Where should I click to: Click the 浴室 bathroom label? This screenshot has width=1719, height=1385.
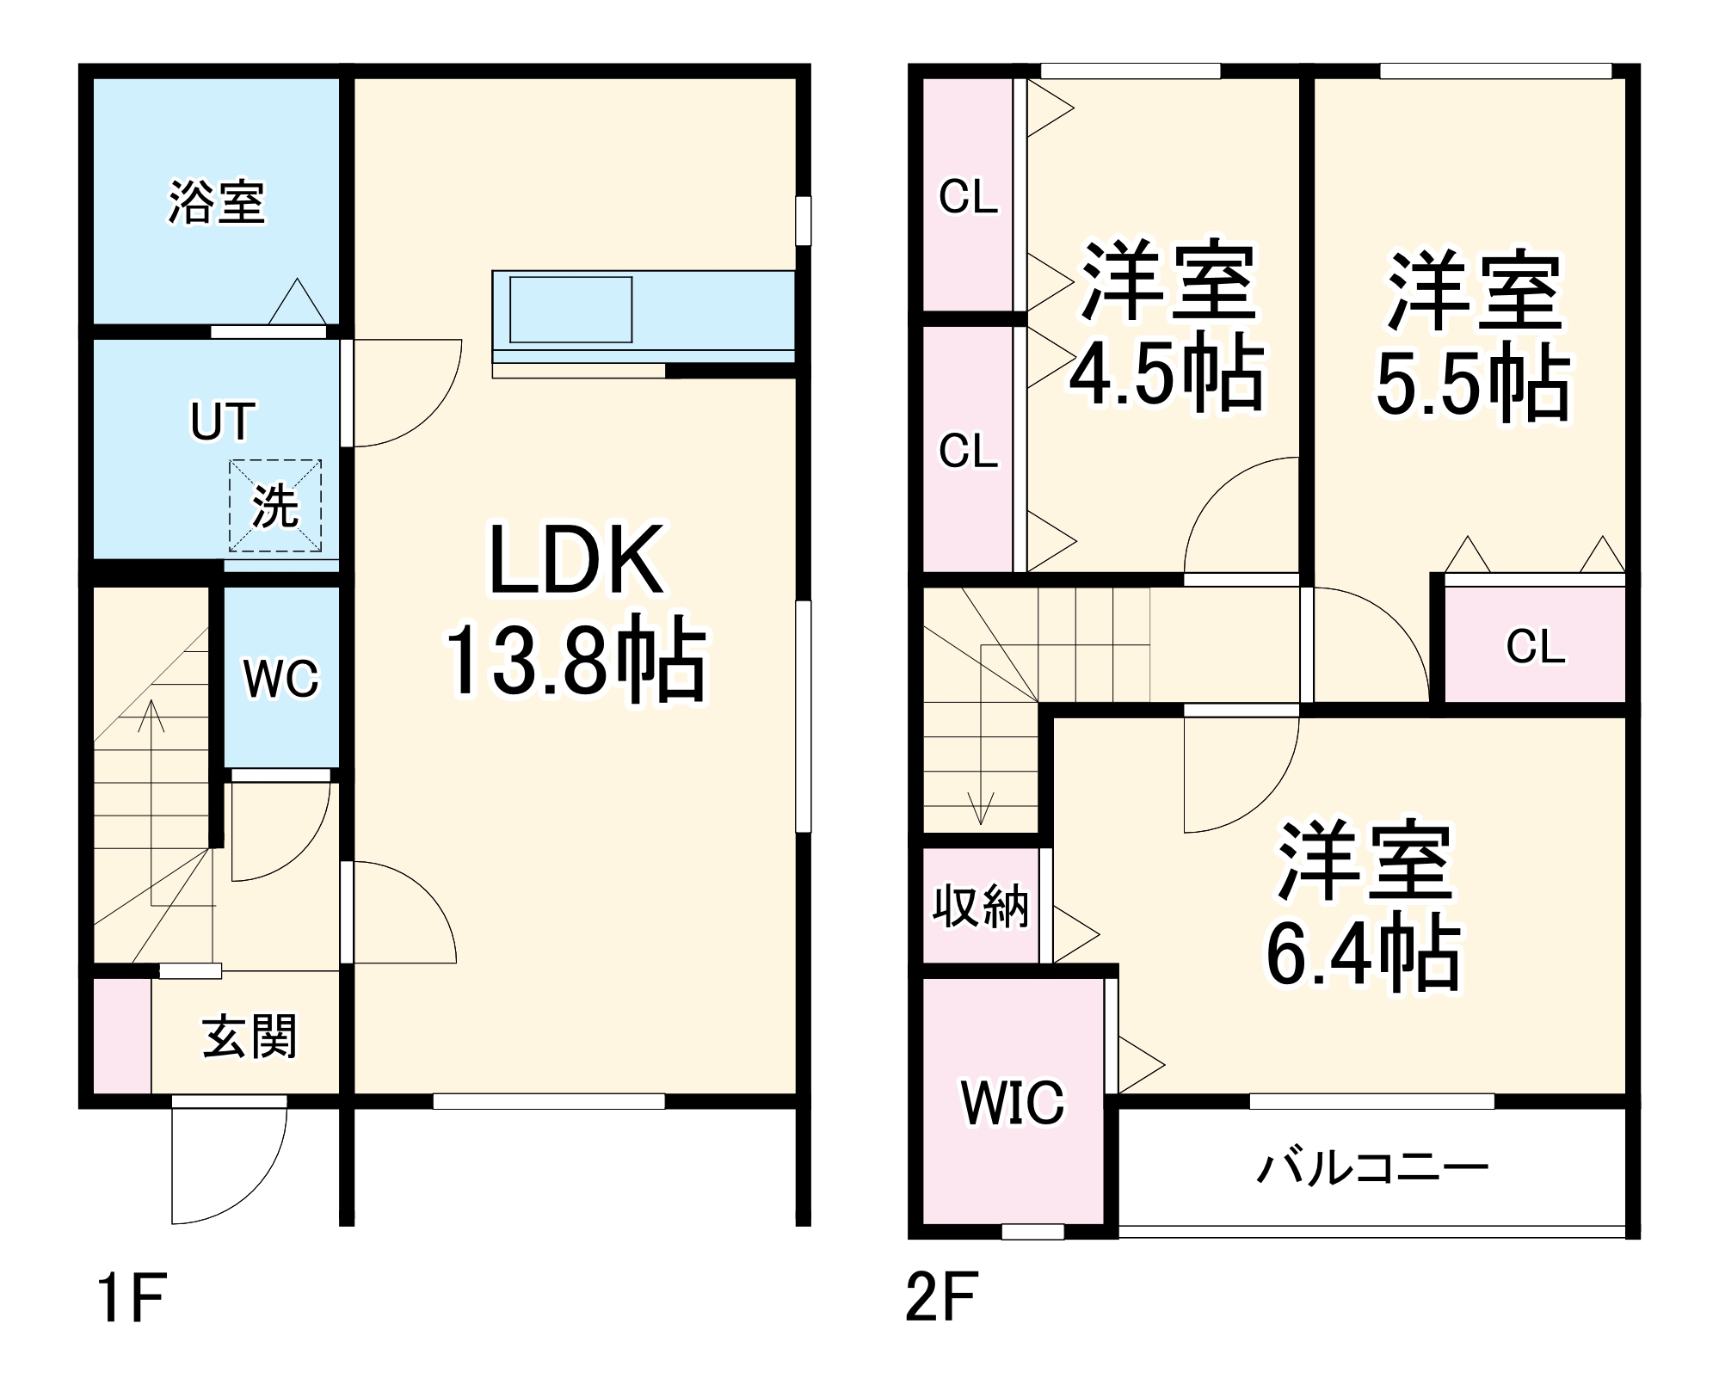click(x=217, y=203)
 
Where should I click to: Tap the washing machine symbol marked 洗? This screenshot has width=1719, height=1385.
click(x=275, y=506)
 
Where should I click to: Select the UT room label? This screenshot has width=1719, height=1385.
click(x=223, y=422)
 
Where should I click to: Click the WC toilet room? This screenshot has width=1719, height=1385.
click(x=281, y=679)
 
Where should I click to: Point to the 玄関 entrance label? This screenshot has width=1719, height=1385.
click(x=250, y=1037)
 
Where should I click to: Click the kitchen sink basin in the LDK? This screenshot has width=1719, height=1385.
click(x=570, y=310)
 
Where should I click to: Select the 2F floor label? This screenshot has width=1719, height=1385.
click(x=943, y=1298)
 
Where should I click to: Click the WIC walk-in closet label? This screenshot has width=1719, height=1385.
click(x=1013, y=1103)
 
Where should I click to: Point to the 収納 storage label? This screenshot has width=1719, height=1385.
click(x=981, y=906)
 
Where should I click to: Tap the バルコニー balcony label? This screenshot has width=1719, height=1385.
click(x=1373, y=1168)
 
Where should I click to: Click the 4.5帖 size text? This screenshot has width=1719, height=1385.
click(x=1167, y=375)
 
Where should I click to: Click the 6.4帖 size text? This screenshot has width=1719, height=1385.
click(x=1363, y=955)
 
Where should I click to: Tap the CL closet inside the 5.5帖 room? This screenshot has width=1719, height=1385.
click(x=1536, y=646)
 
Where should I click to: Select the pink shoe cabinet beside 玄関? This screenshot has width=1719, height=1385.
click(x=121, y=1036)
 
